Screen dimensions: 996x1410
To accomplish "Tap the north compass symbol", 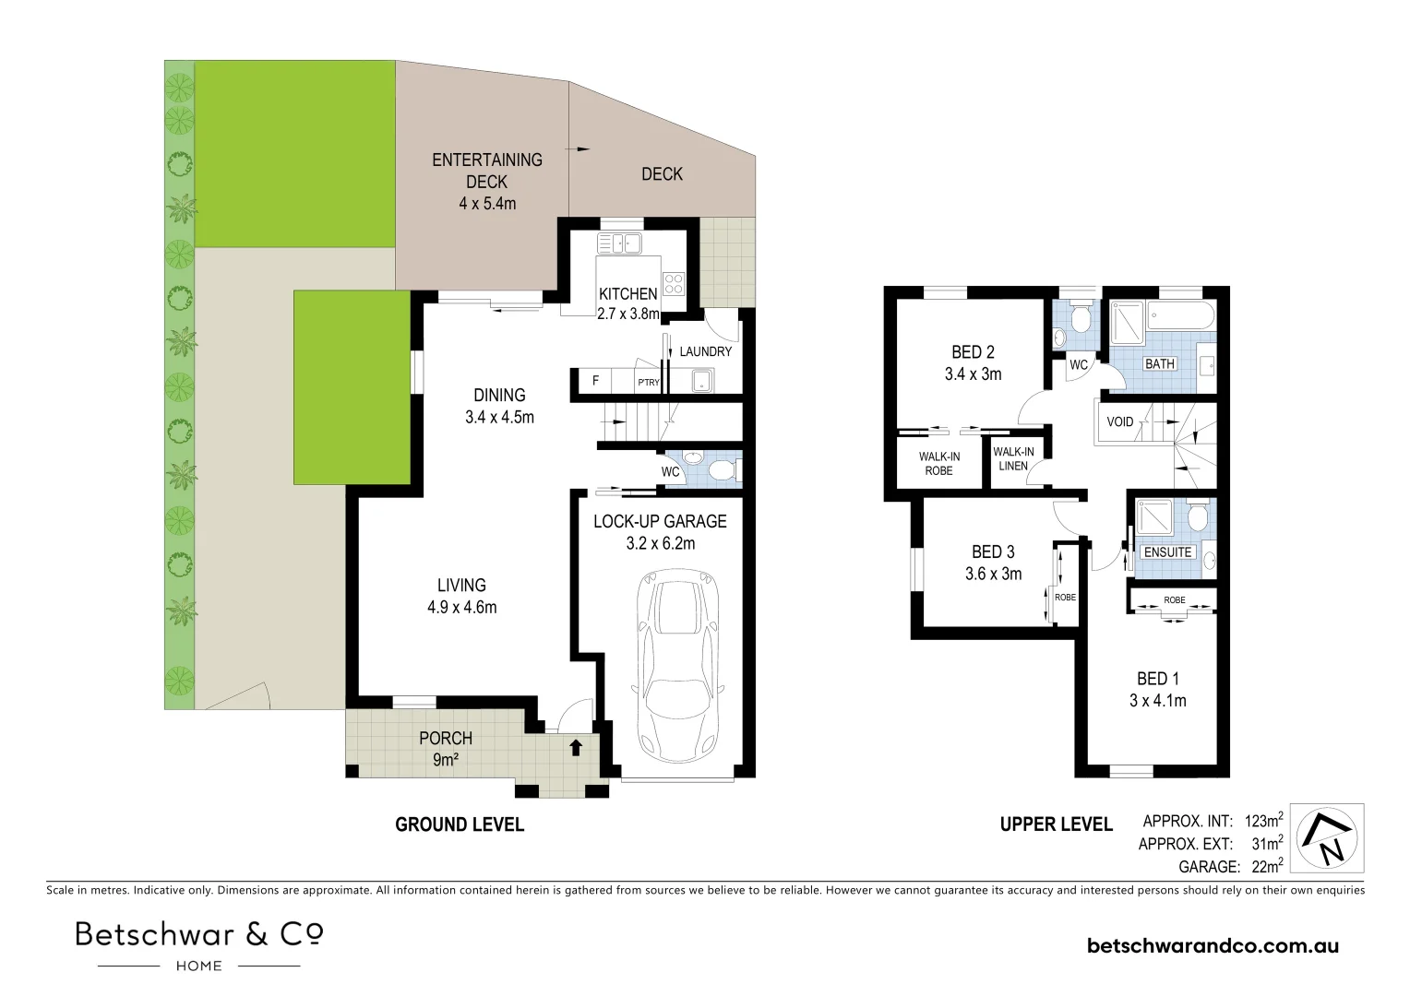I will tap(1330, 838).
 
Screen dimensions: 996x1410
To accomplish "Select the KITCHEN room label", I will tap(627, 294).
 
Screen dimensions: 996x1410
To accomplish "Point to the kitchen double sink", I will tap(620, 243).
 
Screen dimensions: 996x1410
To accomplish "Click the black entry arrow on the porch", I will tap(576, 747).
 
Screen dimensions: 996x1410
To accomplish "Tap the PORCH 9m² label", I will tap(446, 749).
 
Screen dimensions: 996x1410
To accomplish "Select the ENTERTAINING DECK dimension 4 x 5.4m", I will tap(487, 204).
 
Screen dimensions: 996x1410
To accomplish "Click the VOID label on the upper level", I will tap(1119, 422).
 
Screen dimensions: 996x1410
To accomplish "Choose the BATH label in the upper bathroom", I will tap(1159, 364).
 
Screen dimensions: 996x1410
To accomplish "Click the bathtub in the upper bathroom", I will tap(1180, 317).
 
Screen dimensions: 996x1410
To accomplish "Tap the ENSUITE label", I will tap(1167, 552).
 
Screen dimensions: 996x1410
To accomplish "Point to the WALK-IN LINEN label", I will tap(1013, 458).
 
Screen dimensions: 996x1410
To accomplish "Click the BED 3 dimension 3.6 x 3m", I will tap(993, 574).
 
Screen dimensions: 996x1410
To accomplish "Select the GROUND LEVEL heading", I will tap(460, 824).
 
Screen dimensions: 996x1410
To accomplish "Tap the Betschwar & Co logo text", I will tap(199, 934).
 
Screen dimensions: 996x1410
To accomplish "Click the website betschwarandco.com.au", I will tap(1213, 945).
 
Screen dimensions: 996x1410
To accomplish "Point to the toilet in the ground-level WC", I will tap(723, 471).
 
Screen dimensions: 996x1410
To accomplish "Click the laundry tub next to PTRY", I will tap(702, 379).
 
